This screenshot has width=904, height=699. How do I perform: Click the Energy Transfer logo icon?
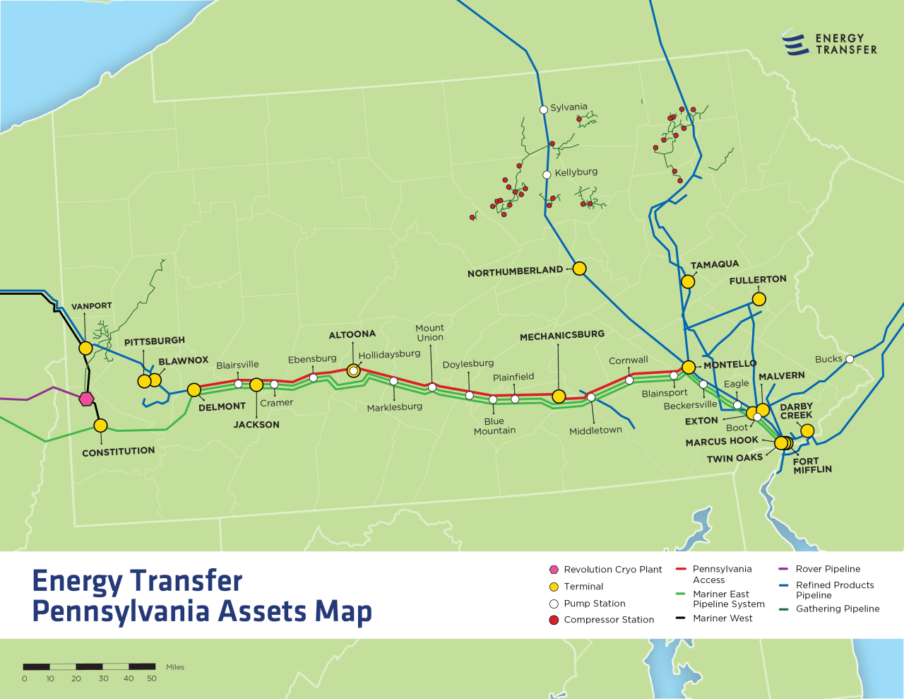[795, 43]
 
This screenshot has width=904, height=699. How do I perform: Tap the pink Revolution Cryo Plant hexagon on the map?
[86, 399]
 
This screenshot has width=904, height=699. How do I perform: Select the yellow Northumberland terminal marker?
[579, 269]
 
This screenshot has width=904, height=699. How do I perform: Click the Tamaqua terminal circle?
[688, 281]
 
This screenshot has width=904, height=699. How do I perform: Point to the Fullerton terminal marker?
[759, 299]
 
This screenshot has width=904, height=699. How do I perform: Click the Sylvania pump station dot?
[543, 110]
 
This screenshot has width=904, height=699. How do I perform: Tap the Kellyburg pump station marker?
[547, 175]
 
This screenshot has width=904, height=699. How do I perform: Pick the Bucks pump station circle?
[850, 359]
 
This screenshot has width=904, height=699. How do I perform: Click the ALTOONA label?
[352, 334]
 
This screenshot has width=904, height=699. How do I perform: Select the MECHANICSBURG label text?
[562, 336]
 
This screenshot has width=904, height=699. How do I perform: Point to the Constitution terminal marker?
[100, 425]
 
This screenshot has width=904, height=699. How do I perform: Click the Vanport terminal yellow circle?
[85, 348]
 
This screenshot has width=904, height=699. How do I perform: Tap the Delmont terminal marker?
[194, 390]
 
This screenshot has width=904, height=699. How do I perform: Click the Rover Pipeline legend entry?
[828, 569]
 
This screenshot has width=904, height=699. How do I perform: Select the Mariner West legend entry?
[722, 618]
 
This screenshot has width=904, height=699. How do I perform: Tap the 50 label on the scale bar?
[152, 679]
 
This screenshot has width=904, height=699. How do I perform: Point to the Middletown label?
[595, 430]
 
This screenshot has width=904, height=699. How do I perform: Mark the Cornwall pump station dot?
[629, 380]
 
